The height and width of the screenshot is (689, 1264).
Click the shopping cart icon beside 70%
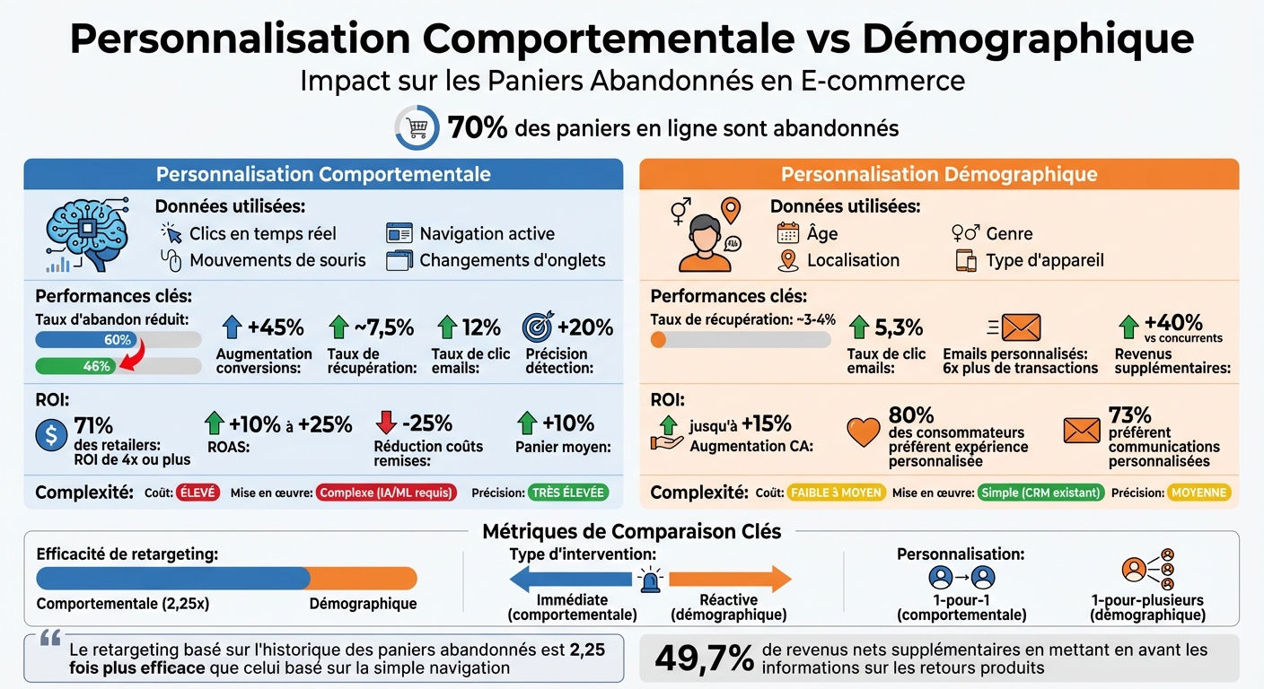click(417, 127)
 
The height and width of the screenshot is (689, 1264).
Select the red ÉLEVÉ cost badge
click(197, 492)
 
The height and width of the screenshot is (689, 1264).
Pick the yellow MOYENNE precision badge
click(1199, 492)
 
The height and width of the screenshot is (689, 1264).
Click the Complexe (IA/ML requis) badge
click(386, 492)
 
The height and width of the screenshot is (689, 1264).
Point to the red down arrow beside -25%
click(386, 423)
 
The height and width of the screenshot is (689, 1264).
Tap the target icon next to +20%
click(538, 327)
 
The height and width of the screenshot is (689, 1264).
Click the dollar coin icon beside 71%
click(51, 434)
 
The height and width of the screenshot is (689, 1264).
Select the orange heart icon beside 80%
click(864, 432)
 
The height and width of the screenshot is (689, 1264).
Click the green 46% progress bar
click(76, 366)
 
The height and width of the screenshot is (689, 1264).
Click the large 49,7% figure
click(704, 658)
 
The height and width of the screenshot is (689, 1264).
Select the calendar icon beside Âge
click(787, 233)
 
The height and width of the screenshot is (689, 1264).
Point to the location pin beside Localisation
click(788, 260)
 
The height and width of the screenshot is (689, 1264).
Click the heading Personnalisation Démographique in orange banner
click(939, 174)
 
